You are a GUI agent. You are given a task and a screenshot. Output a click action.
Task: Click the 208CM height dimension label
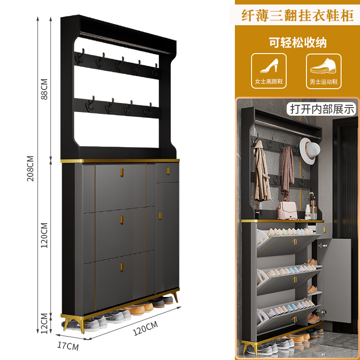click(31, 168)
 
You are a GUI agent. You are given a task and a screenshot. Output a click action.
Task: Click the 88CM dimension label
click(44, 90)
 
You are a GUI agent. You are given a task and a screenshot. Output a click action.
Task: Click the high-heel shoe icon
click(269, 67)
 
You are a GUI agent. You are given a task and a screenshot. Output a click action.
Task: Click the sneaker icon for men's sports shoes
click(323, 67)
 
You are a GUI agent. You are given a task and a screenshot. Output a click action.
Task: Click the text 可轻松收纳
click(297, 43)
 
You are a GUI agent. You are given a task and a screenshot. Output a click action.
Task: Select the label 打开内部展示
click(322, 108)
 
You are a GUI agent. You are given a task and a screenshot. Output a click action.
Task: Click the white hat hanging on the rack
click(308, 151)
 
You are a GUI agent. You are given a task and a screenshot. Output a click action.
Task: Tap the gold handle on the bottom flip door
click(121, 267)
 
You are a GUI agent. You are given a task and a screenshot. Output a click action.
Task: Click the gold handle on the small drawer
click(167, 171)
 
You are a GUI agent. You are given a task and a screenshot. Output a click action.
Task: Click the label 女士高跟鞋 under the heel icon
click(269, 82)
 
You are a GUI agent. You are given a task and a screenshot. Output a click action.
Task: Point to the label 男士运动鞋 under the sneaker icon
click(323, 82)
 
